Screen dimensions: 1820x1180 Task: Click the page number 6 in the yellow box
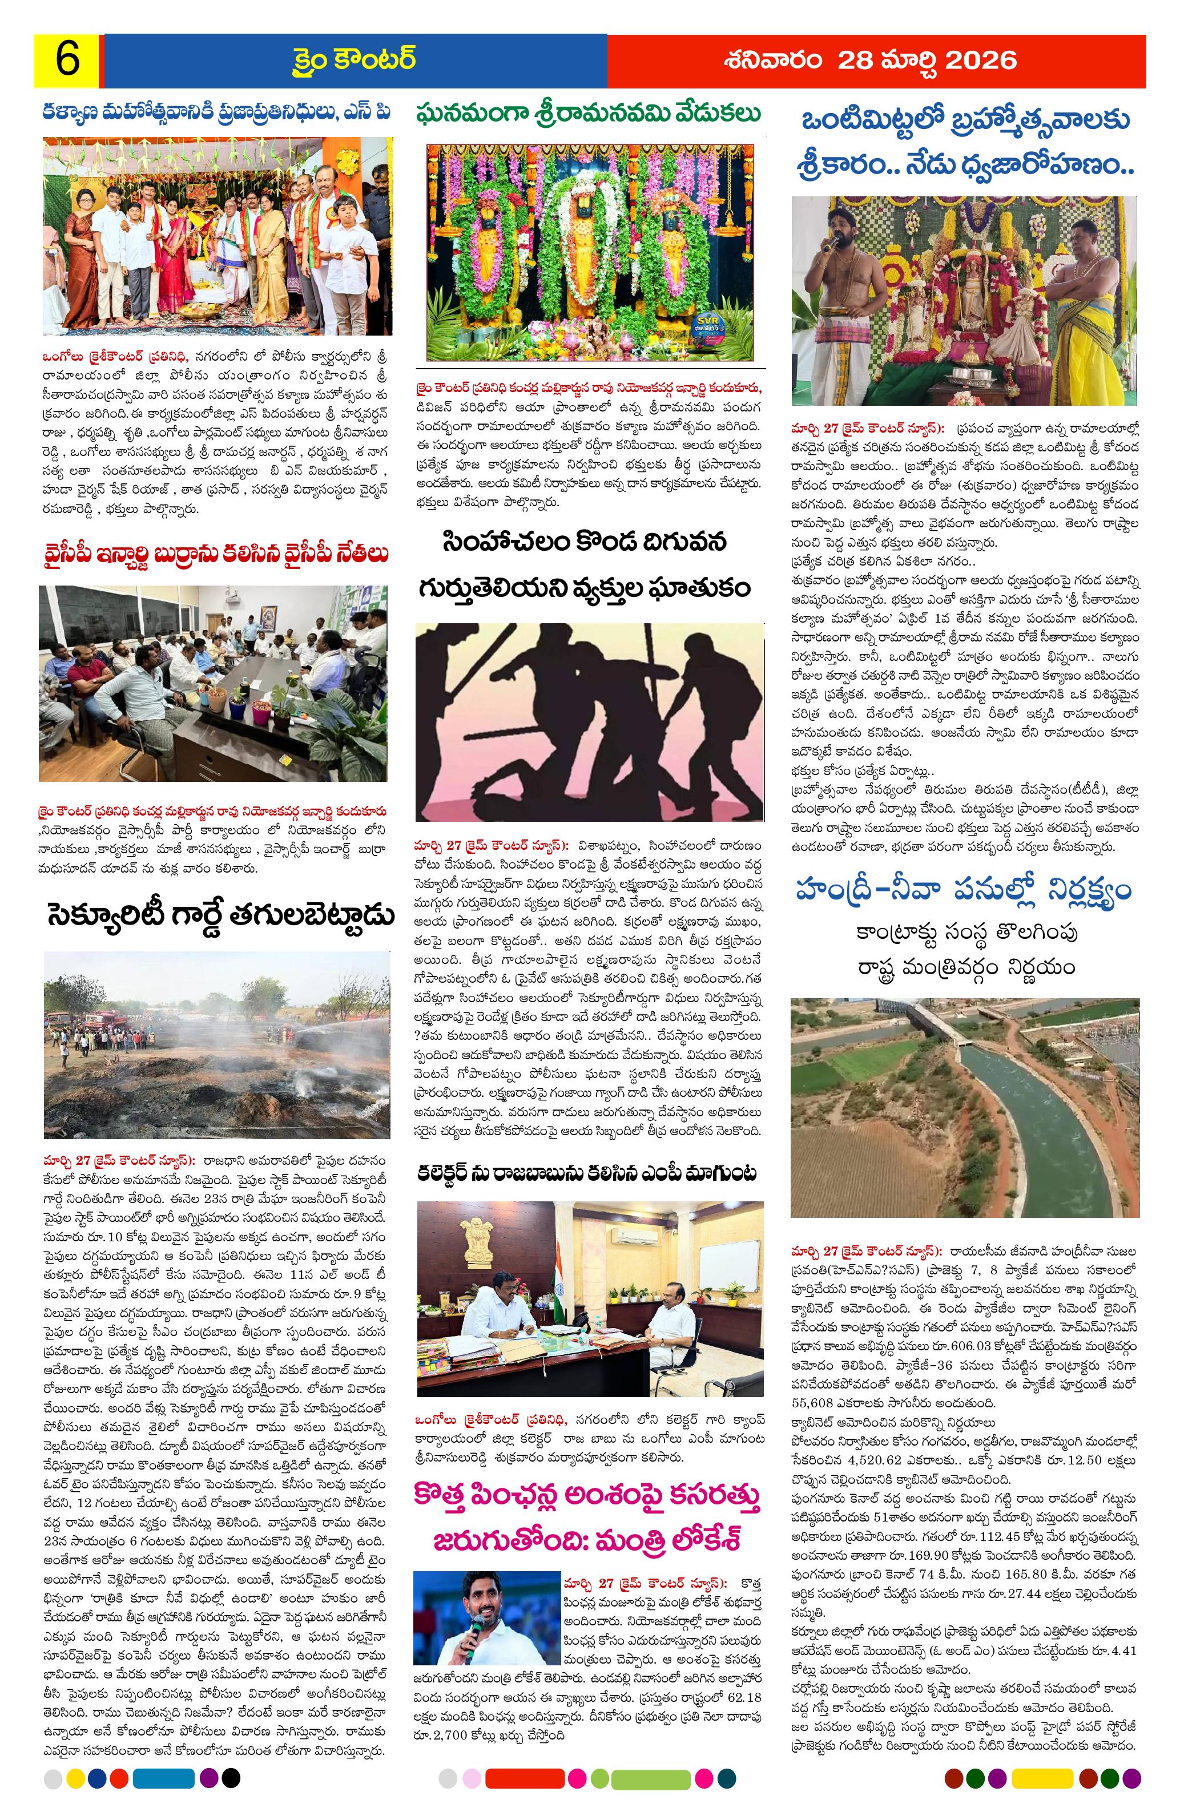(x=67, y=60)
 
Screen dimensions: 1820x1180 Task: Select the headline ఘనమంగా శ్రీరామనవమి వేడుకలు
(x=589, y=115)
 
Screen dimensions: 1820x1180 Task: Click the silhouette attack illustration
(x=589, y=722)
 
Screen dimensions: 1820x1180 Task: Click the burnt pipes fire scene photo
(x=216, y=1044)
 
